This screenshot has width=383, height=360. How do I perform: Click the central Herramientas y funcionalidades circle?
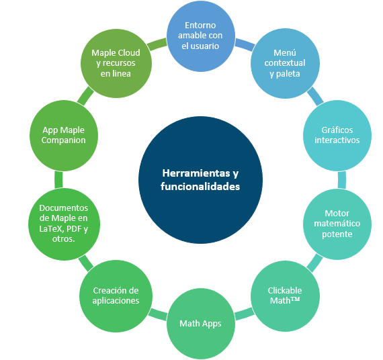200,180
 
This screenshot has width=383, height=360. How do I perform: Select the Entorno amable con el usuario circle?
201,36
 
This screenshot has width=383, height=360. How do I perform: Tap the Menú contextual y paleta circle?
285,63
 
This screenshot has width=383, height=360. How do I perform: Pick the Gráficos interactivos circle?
337,136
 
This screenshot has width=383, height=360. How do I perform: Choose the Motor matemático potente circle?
337,224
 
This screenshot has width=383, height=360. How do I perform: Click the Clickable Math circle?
285,296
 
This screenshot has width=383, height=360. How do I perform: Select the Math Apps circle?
201,324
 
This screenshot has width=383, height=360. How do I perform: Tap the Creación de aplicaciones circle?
116,296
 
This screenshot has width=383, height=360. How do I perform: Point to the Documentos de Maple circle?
64,224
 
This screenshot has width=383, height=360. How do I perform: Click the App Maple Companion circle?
64,136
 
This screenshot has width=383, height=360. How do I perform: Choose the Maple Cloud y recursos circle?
116,63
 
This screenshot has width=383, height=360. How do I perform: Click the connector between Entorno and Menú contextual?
245,45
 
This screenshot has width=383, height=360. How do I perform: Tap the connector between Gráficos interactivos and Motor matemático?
342,180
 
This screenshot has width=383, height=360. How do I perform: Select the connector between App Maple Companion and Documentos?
58,180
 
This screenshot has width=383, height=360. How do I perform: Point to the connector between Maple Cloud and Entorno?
157,44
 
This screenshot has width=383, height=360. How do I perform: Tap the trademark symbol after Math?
295,299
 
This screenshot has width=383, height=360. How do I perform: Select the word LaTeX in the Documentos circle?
51,228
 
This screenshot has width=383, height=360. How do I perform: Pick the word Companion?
64,140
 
